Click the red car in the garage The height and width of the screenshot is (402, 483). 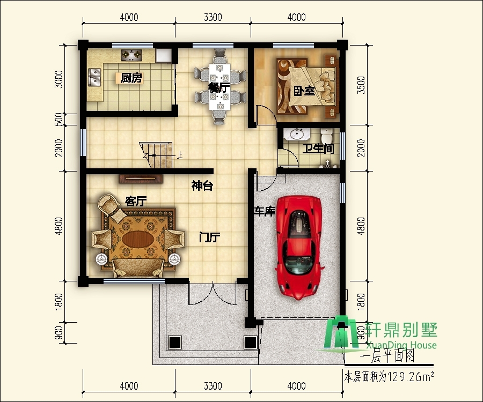tap(299, 248)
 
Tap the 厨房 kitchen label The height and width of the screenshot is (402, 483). tap(131, 78)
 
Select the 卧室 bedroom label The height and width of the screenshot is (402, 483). tap(304, 91)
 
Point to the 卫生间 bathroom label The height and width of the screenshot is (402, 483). tap(318, 149)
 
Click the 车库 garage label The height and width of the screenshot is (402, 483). tap(265, 211)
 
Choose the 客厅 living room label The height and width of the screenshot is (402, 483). tap(136, 201)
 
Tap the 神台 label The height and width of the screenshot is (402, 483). tap(202, 186)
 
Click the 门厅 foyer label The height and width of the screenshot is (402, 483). tap(209, 237)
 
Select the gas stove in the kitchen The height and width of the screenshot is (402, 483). tap(131, 55)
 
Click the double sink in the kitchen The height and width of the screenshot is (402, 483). tap(94, 77)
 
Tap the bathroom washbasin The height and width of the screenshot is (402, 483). tap(297, 134)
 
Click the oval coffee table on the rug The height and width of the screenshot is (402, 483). tap(138, 239)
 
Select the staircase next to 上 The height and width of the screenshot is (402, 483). tap(156, 155)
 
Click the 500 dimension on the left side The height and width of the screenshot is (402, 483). tap(58, 120)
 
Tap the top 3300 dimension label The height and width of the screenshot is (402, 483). tap(213, 17)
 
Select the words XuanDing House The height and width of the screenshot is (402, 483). tap(401, 345)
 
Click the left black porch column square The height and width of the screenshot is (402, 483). tap(175, 342)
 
